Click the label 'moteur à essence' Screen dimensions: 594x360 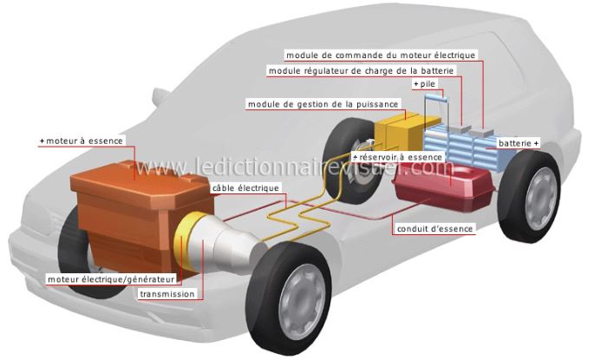click(x=84, y=141)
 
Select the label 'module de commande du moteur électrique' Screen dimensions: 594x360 click(x=381, y=56)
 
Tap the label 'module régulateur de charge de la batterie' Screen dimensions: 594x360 click(x=361, y=71)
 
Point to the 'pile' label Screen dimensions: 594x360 click(x=428, y=84)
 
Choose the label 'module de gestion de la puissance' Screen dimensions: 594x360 click(x=323, y=104)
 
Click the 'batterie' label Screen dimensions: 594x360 click(x=515, y=143)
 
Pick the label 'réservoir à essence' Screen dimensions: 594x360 click(x=401, y=157)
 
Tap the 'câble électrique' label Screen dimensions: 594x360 click(x=245, y=188)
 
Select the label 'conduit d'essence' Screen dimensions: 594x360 click(x=434, y=229)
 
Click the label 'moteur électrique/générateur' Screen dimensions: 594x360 click(x=111, y=279)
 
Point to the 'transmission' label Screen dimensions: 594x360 click(x=167, y=294)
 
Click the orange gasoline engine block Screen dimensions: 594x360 click(x=140, y=213)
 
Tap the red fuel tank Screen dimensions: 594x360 click(x=444, y=187)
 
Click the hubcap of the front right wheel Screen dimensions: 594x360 click(x=302, y=302)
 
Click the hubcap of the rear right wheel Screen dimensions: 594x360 click(x=541, y=199)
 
